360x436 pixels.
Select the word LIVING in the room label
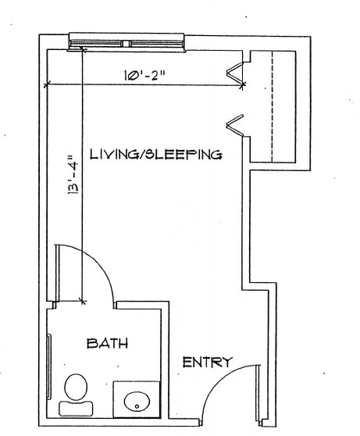(114, 155)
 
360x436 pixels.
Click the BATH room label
(107, 343)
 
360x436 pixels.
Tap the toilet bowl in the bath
(75, 387)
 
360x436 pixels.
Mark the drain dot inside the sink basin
(137, 406)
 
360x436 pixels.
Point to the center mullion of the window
(127, 42)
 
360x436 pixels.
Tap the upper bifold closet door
(235, 73)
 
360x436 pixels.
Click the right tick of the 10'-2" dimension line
(244, 84)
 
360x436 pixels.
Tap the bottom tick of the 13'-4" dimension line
(82, 301)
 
